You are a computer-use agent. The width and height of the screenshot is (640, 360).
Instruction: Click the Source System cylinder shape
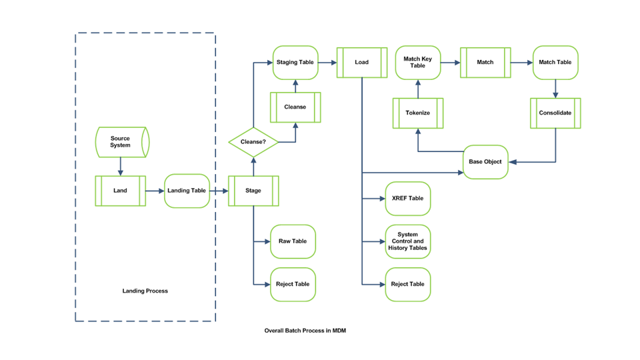[121, 142]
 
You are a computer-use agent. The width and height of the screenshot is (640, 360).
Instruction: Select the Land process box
[120, 191]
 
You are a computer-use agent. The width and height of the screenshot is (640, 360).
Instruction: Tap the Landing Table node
[187, 191]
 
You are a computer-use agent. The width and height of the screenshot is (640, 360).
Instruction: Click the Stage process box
[253, 191]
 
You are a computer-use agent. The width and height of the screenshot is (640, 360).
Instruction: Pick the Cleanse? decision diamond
[253, 142]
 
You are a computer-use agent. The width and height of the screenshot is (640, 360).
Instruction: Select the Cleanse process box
[295, 107]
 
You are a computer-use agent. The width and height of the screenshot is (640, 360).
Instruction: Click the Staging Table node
[295, 63]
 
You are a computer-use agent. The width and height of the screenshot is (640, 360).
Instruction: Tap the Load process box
[361, 63]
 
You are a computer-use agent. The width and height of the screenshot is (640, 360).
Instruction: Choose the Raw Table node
[293, 241]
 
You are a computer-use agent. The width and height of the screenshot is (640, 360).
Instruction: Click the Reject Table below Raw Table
[293, 284]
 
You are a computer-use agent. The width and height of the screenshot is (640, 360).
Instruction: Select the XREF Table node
[407, 199]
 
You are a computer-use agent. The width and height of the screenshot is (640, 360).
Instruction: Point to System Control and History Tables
[407, 241]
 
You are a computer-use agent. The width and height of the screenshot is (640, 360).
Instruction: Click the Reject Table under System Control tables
[407, 284]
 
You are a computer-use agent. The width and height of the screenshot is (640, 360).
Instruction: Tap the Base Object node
[485, 161]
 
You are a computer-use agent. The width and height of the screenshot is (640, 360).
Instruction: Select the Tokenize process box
[418, 113]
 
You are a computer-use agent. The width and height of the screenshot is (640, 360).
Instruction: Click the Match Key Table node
[418, 63]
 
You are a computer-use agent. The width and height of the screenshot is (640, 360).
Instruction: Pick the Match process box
[485, 63]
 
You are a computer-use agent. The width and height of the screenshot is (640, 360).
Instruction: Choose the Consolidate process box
[555, 113]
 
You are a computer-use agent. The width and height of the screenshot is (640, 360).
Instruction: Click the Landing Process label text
[145, 291]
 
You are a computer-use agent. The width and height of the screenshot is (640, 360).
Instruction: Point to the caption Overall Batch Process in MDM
[305, 331]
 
